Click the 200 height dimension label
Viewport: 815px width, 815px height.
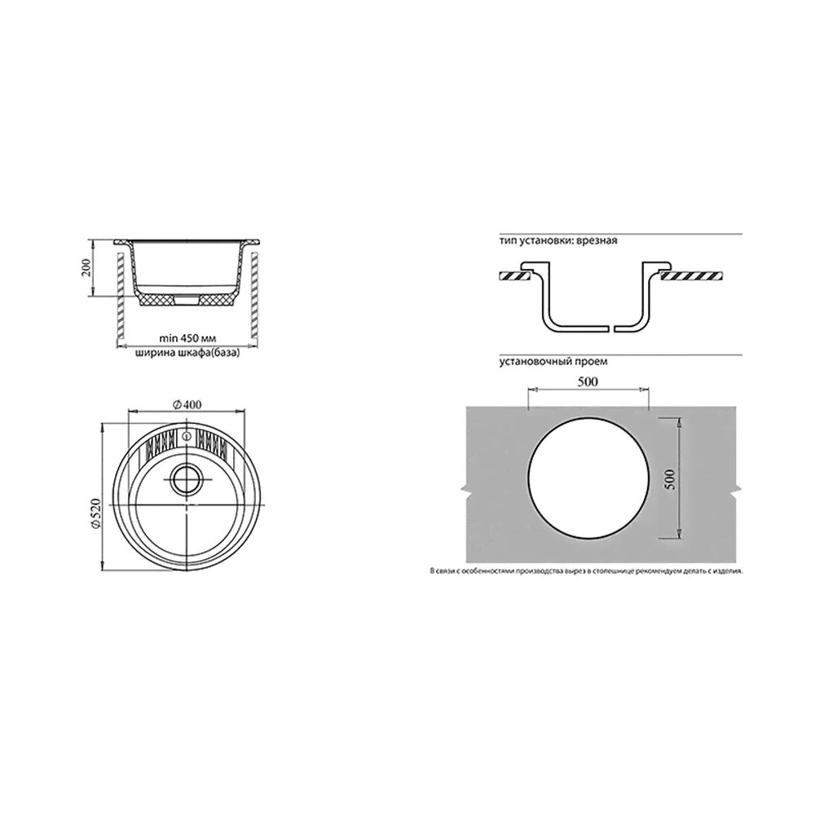86,267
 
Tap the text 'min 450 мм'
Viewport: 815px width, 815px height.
187,338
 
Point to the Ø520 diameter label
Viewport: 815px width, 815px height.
95,514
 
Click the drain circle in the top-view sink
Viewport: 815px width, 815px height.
187,478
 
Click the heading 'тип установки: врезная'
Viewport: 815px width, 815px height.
558,241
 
